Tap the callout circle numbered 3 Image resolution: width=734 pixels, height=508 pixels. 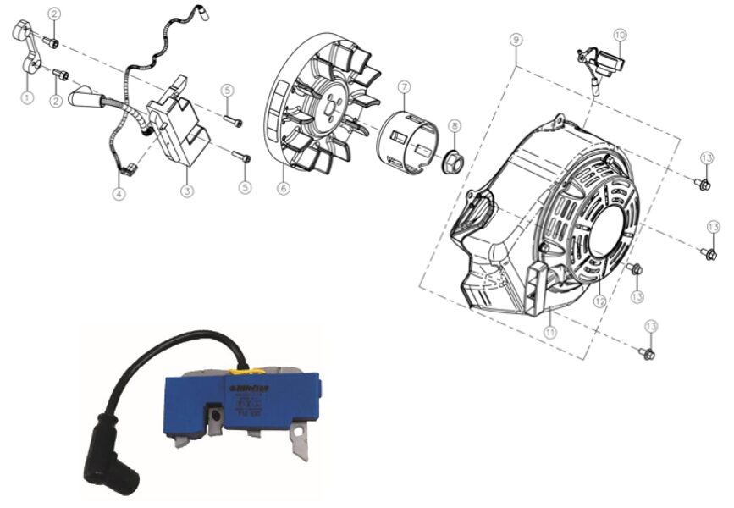pyautogui.click(x=186, y=190)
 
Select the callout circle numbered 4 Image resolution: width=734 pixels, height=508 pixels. pyautogui.click(x=119, y=193)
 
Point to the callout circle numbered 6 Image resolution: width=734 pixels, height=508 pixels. pyautogui.click(x=281, y=189)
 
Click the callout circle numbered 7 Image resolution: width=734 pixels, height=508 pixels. pyautogui.click(x=404, y=87)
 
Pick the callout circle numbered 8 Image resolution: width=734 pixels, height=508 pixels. pyautogui.click(x=455, y=126)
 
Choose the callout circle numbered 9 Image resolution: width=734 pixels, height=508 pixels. pyautogui.click(x=516, y=40)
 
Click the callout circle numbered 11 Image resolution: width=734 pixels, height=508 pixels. pyautogui.click(x=550, y=333)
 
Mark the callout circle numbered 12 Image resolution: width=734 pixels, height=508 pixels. pyautogui.click(x=599, y=300)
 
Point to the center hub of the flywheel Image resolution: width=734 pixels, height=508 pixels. pyautogui.click(x=328, y=106)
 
